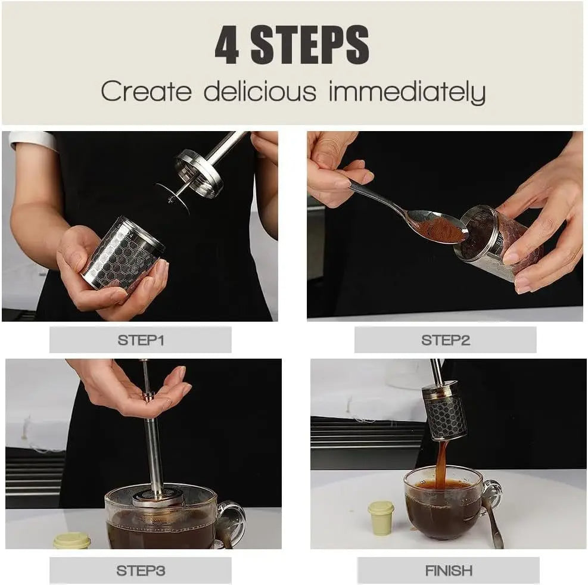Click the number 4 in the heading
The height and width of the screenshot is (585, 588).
(226, 46)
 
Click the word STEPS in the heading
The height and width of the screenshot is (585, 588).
(310, 46)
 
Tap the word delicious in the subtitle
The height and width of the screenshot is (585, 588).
(260, 92)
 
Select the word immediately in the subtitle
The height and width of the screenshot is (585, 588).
(407, 93)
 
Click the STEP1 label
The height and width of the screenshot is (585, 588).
(141, 340)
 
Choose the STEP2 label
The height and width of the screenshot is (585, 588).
(445, 340)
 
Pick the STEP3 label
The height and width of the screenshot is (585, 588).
(141, 570)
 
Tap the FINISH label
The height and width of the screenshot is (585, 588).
(449, 570)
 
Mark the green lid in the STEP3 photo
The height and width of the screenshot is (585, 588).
(71, 541)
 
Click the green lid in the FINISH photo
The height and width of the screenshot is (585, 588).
(381, 517)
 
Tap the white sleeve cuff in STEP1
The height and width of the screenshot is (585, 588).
(33, 140)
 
